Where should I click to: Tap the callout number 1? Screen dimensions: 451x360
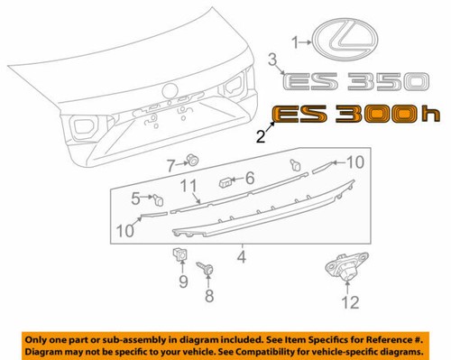tap(292, 42)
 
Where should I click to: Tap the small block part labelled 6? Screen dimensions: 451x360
tap(223, 181)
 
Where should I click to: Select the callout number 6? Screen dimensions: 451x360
tap(251, 178)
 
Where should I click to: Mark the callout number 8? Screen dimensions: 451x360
tap(209, 294)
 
